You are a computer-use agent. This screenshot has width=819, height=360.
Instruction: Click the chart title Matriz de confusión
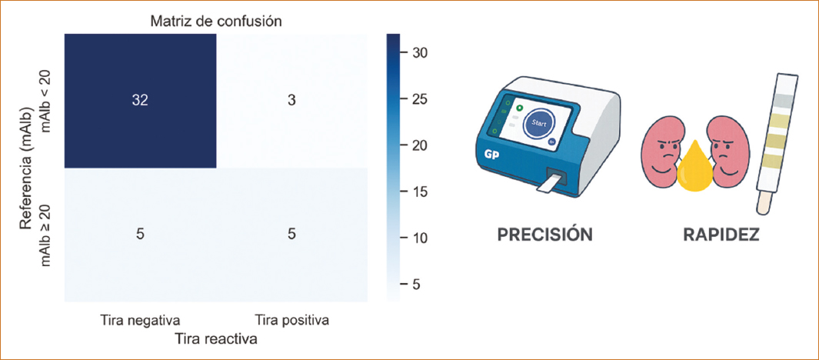coord(216,22)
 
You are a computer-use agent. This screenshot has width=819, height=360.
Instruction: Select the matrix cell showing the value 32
coord(140,101)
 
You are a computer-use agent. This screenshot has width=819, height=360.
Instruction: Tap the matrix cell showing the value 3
coord(292,101)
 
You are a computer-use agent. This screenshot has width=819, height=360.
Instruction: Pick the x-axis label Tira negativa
coord(140,320)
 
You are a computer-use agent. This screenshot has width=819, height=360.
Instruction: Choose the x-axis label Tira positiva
coord(292,320)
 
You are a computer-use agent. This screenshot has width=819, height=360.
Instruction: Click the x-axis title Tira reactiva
coord(216,339)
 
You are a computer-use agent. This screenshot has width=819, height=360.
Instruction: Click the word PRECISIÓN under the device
coord(546,235)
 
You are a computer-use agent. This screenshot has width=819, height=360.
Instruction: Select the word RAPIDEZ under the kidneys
coord(721,235)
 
